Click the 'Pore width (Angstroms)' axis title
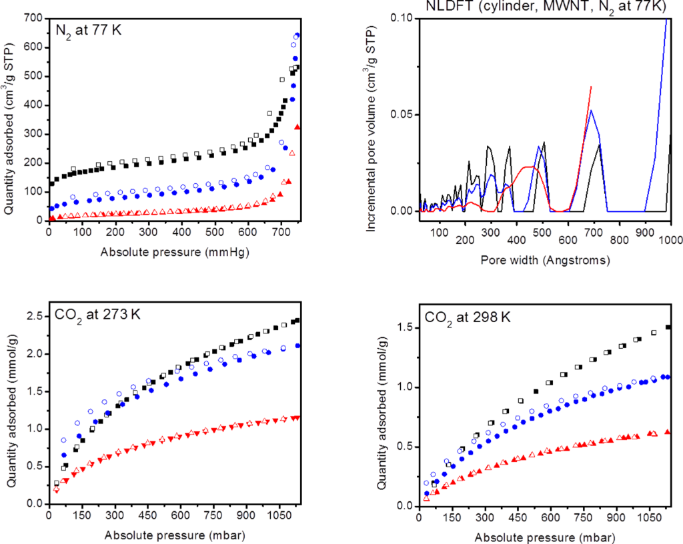(545, 261)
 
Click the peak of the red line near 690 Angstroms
(591, 87)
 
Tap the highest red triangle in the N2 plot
(297, 127)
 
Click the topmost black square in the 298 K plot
(668, 327)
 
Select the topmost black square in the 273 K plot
(297, 320)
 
